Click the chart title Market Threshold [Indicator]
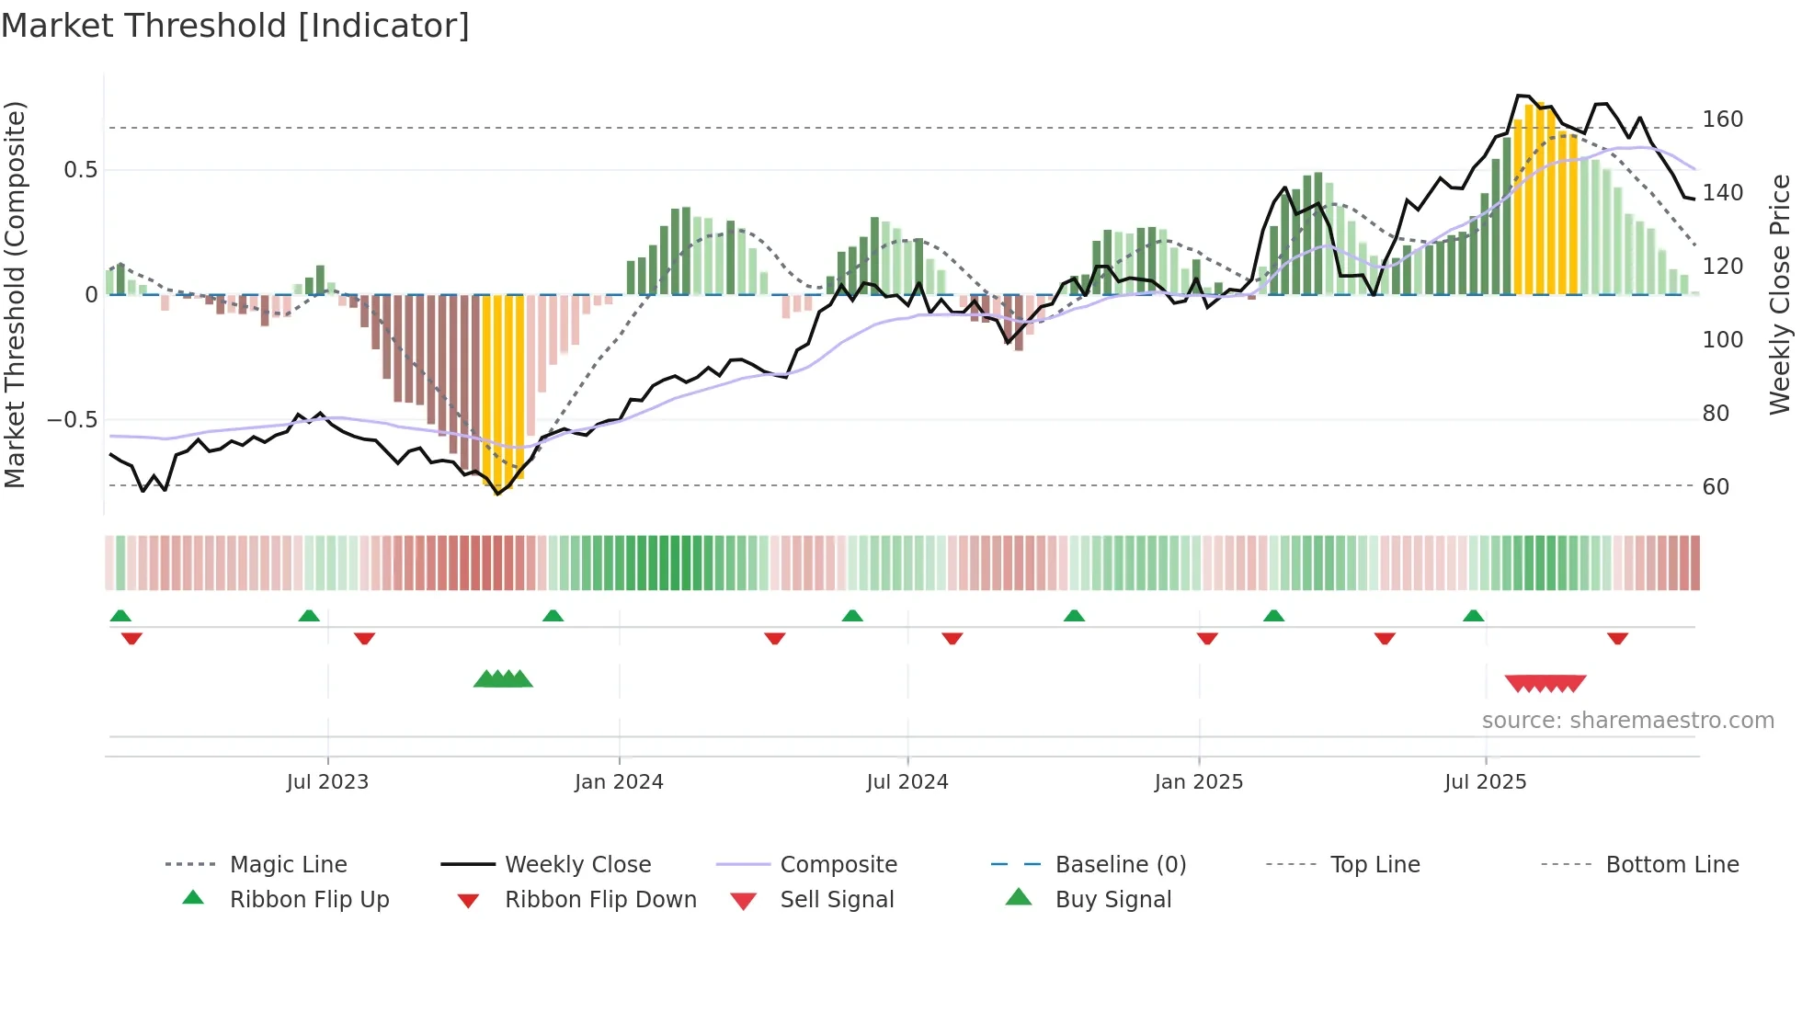[x=235, y=26]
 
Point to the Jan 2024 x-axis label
[x=619, y=782]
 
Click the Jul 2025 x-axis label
[x=1485, y=782]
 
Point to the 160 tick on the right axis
[x=1722, y=120]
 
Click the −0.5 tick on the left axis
[x=72, y=420]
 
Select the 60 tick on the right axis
[x=1716, y=487]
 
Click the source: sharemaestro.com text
[x=1627, y=721]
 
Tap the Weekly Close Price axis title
[x=1780, y=294]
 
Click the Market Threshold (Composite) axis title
[x=15, y=294]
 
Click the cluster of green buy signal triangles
[x=503, y=680]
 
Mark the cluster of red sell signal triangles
[x=1545, y=684]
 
